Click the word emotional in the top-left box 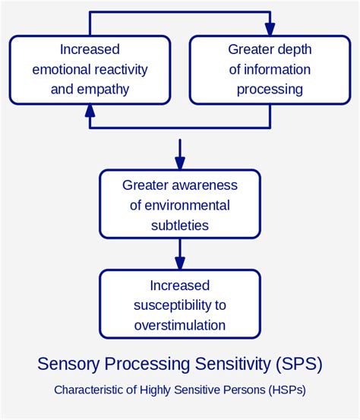[62, 70]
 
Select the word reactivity [119, 70]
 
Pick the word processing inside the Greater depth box [270, 90]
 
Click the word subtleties [180, 226]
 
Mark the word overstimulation [180, 325]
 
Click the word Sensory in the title [66, 365]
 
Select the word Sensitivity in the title [228, 365]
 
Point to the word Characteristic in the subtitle [86, 390]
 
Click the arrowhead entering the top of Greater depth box [270, 30]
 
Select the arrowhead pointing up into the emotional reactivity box [90, 111]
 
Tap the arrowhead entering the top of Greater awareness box [180, 163]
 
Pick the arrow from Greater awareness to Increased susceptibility [180, 254]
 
